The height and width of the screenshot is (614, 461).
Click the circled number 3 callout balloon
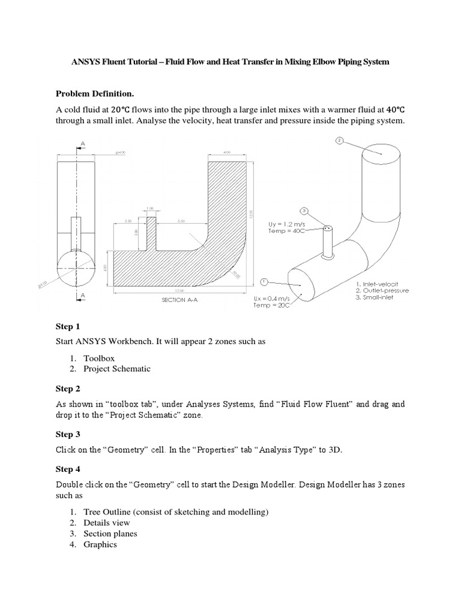point(304,211)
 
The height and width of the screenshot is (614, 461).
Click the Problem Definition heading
point(95,94)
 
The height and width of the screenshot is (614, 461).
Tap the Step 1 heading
point(68,327)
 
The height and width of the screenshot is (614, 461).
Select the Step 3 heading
point(68,434)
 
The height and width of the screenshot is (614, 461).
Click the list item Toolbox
point(100,357)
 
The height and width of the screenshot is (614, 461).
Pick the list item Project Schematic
point(117,369)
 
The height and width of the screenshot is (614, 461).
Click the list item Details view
point(109,522)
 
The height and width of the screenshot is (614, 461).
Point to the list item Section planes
point(110,533)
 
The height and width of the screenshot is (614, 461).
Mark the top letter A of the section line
point(82,143)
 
